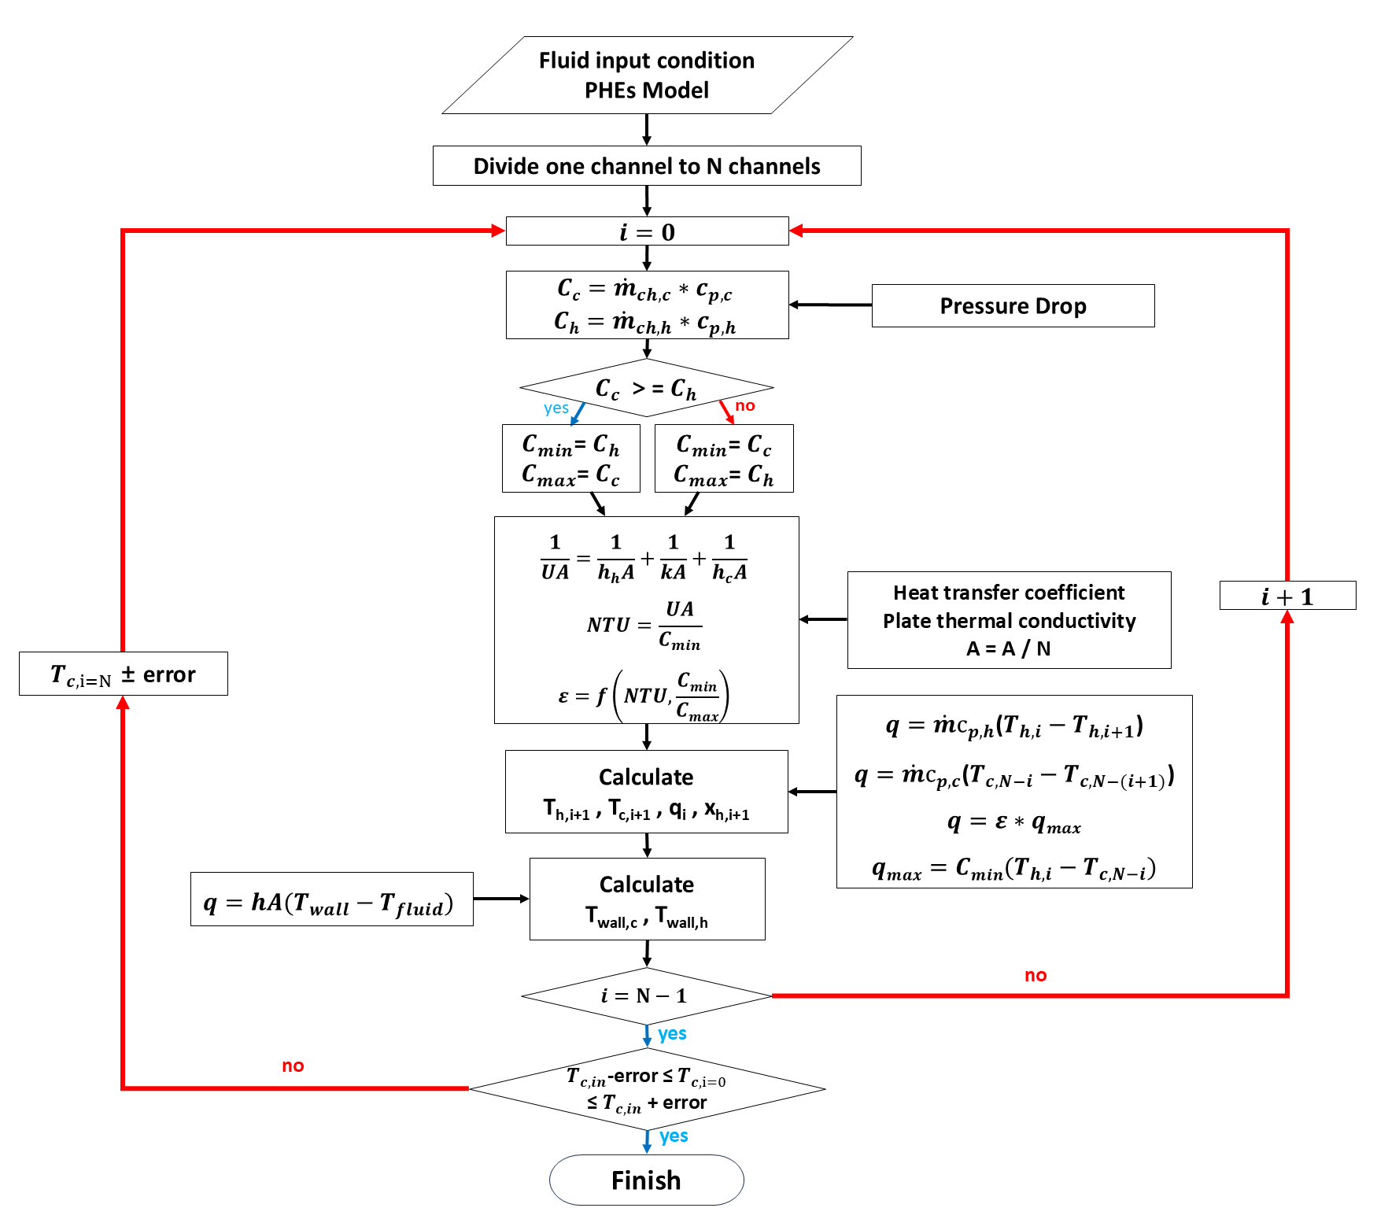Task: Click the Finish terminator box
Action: tap(646, 1180)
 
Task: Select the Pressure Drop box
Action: tap(1013, 305)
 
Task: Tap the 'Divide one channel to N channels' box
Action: tap(646, 166)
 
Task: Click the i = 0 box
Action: tap(647, 231)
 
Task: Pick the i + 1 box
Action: tap(1287, 596)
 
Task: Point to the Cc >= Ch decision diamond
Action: tap(646, 388)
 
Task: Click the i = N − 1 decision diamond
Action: tap(646, 995)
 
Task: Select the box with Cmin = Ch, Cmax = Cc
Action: tap(570, 459)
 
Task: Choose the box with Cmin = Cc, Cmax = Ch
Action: tap(724, 459)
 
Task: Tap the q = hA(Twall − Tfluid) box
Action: tap(331, 899)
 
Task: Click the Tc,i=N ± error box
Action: tap(124, 674)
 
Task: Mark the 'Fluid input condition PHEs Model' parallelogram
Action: tap(647, 75)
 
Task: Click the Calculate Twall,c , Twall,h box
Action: tap(647, 899)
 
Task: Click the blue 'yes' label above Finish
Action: tap(674, 1136)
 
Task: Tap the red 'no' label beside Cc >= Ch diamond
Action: tap(744, 405)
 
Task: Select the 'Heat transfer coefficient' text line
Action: tap(1009, 592)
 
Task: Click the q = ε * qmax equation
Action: tap(1013, 823)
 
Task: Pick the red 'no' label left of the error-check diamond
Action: tap(293, 1066)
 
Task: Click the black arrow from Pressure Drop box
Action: tap(830, 305)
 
